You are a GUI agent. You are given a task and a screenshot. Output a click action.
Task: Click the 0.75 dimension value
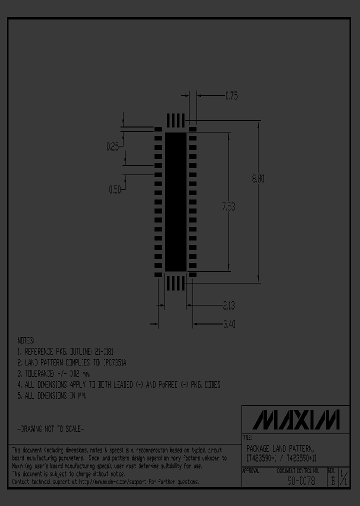(x=231, y=96)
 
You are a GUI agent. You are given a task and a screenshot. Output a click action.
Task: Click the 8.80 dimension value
(x=258, y=178)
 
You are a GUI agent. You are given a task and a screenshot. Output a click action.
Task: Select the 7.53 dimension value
(x=228, y=206)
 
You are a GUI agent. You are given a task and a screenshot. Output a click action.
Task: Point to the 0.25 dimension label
(x=112, y=146)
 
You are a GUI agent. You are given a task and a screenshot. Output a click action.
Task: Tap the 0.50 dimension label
(x=115, y=189)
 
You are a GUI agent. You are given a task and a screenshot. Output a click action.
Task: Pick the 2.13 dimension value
(x=228, y=305)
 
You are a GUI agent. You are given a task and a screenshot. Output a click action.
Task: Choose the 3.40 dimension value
(x=228, y=324)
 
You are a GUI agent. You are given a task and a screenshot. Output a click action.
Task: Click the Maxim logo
(x=296, y=419)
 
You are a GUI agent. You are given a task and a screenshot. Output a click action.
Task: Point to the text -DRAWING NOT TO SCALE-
(x=50, y=429)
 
